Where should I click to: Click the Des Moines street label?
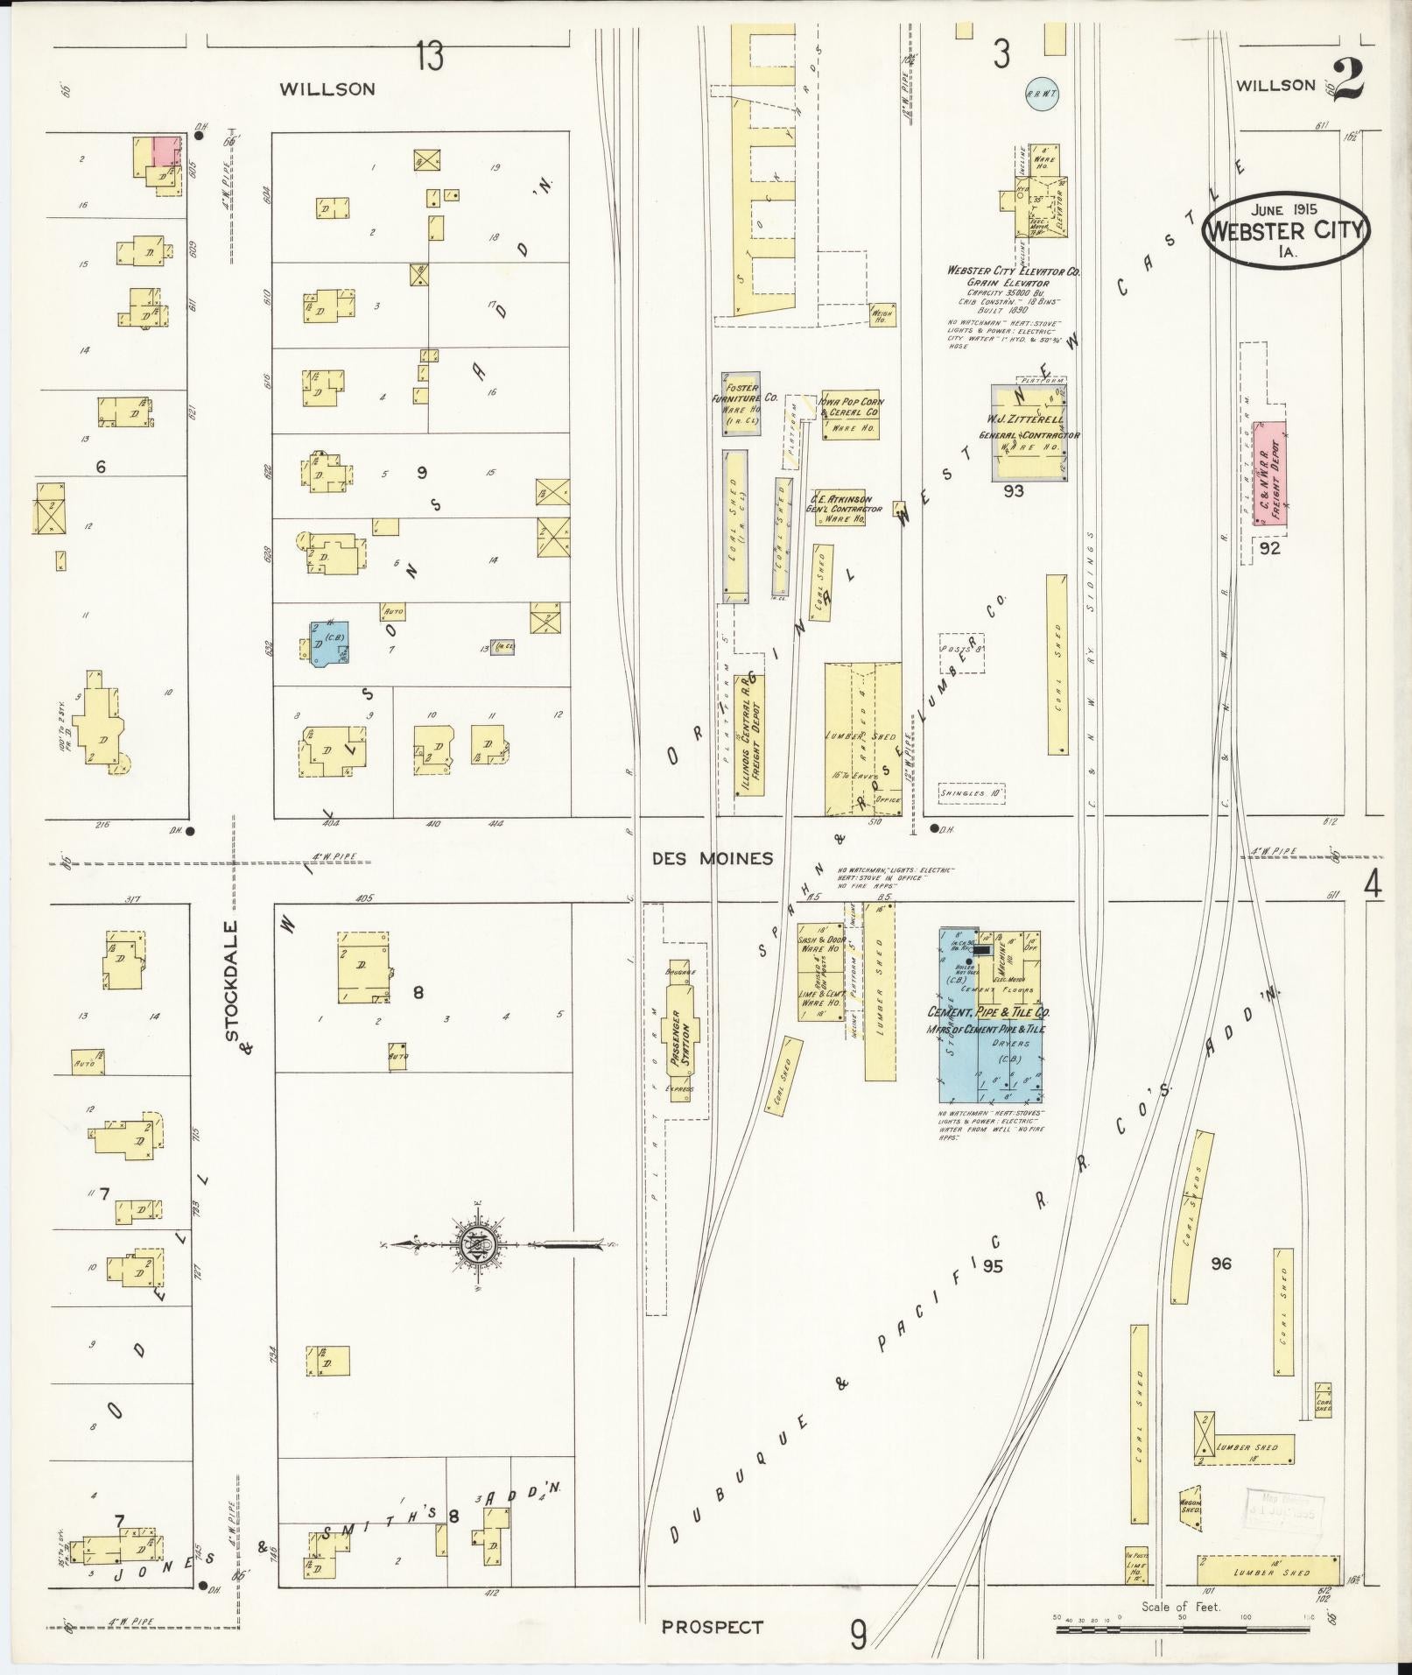[x=713, y=859]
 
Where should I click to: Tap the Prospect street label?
[x=712, y=1628]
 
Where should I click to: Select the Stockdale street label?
[x=232, y=980]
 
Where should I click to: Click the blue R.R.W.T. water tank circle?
[x=1039, y=94]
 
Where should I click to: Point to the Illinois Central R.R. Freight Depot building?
[x=751, y=736]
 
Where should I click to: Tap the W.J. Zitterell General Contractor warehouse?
[x=1028, y=432]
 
